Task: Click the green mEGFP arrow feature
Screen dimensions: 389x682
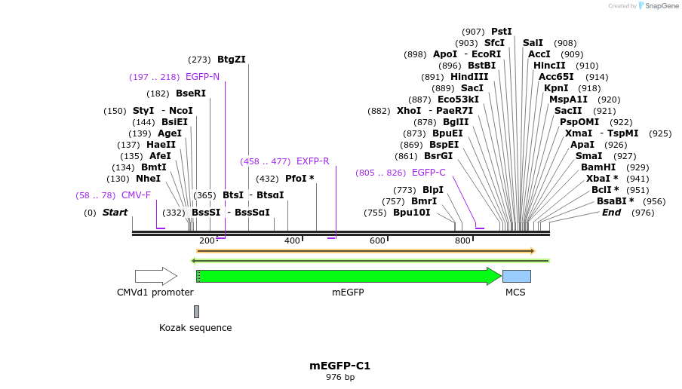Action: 347,276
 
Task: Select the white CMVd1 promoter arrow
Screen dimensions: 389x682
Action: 155,276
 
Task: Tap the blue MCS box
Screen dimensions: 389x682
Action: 516,276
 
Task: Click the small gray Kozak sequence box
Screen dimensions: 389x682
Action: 196,311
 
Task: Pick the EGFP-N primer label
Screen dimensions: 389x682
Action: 202,77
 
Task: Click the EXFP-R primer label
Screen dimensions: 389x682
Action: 312,161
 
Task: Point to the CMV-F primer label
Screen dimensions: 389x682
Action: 136,195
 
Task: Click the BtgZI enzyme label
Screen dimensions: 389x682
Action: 231,60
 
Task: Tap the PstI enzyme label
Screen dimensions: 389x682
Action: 501,32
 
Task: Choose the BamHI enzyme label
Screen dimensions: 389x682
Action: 598,167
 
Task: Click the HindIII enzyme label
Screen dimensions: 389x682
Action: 469,77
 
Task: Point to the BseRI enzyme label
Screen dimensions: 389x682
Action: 190,93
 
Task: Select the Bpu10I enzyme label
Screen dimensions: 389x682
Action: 411,213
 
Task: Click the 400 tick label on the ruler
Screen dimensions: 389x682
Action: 292,240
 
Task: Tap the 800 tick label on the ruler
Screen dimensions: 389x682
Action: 462,240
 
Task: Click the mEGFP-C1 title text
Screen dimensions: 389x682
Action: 339,366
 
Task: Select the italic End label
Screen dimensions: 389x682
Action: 611,213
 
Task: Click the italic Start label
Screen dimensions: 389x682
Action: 115,213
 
